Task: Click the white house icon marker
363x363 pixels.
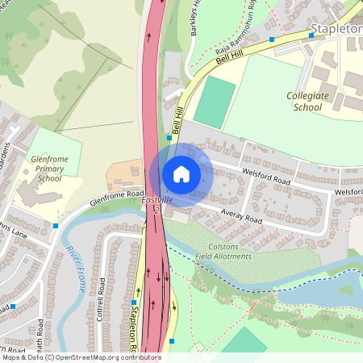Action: point(181,174)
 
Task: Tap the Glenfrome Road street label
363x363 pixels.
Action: point(116,196)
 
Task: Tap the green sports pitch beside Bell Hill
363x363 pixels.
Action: point(215,101)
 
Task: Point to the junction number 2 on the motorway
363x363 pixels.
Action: point(157,211)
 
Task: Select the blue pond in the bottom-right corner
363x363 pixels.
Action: point(323,286)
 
